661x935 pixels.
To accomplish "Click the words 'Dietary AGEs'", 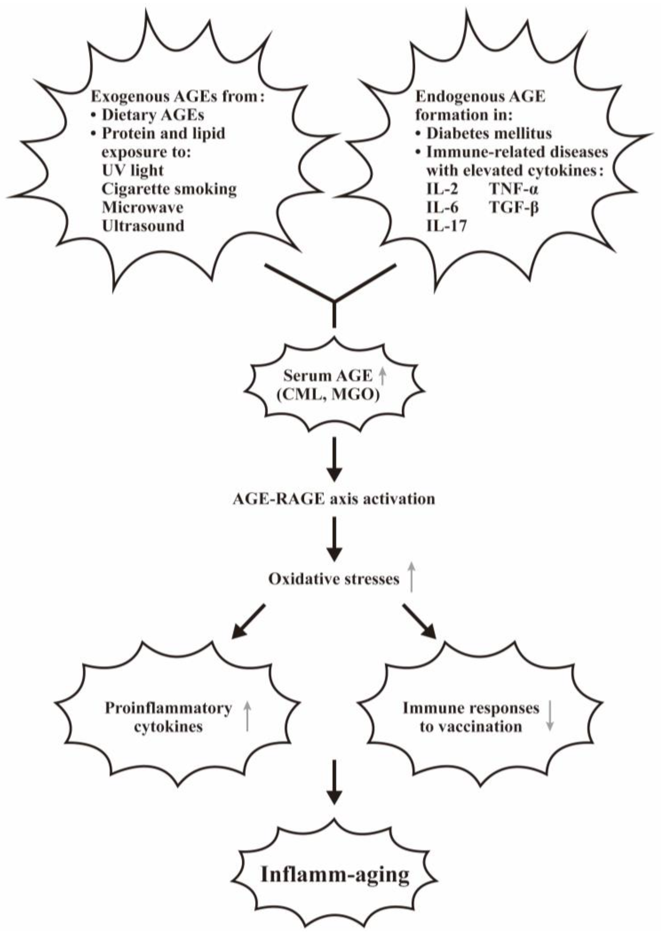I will (x=153, y=115).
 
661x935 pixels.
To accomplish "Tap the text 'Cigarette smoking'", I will (x=169, y=189).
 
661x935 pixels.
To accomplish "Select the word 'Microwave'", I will (x=142, y=208).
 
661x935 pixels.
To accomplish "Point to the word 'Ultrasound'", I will (x=143, y=226).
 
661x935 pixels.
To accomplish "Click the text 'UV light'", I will (x=133, y=171).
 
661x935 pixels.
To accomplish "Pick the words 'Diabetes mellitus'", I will (x=489, y=134).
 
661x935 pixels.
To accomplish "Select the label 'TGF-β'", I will (x=514, y=208).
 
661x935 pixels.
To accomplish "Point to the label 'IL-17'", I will (x=446, y=226).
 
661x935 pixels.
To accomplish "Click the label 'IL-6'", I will (x=442, y=208).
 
